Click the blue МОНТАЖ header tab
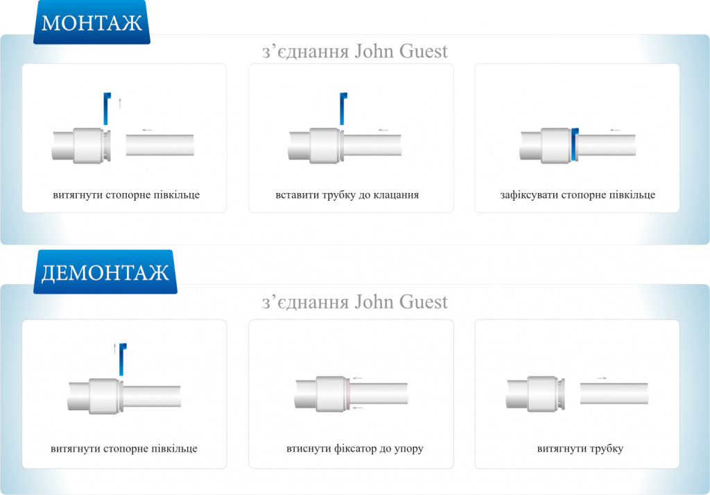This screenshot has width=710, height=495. tap(92, 23)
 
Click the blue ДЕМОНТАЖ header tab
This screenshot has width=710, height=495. tap(105, 272)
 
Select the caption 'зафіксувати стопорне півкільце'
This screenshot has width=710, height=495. tap(577, 195)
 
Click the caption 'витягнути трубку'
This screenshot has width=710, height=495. tap(580, 448)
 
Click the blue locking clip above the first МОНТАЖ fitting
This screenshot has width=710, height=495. tap(107, 108)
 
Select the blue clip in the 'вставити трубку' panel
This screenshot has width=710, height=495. tap(342, 108)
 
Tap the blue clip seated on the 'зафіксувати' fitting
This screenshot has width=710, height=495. tap(574, 144)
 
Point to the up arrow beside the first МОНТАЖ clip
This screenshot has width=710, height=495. tap(120, 103)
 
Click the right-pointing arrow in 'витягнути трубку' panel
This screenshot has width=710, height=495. tap(601, 378)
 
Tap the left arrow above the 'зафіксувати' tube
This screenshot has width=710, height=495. tap(614, 130)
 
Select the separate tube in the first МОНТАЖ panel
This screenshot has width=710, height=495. tap(160, 145)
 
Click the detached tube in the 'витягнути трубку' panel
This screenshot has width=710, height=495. tap(614, 393)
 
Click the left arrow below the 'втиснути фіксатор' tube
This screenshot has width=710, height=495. tap(357, 408)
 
